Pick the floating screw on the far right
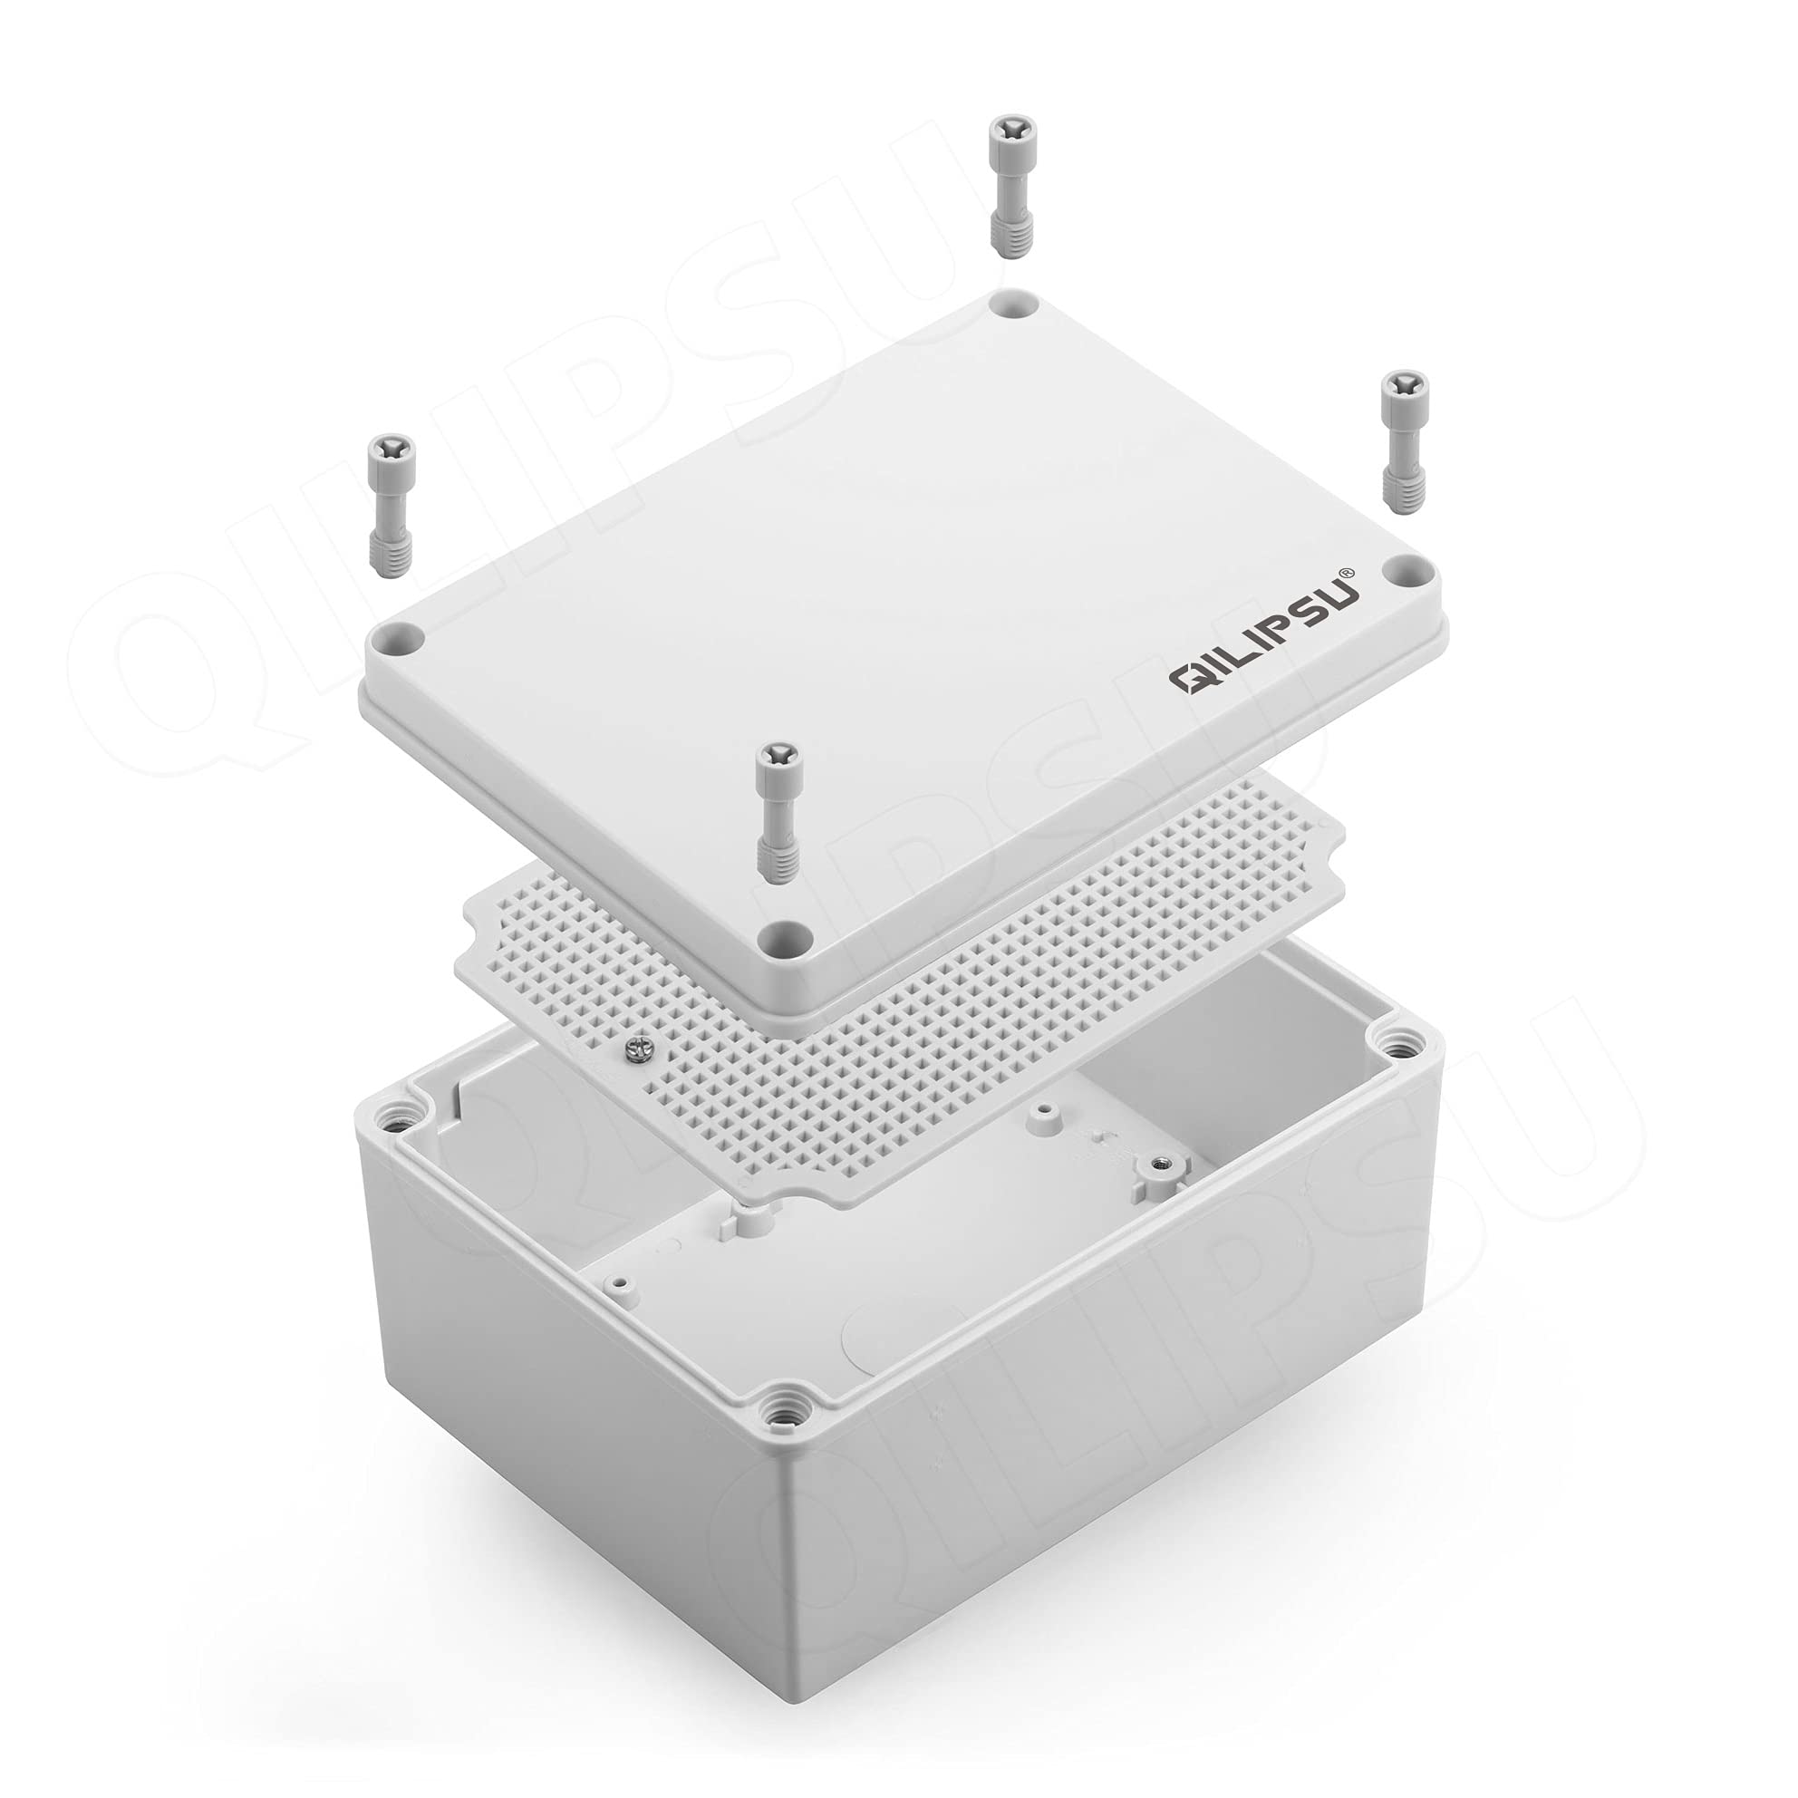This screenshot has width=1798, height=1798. (1402, 440)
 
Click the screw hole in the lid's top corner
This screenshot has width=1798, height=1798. (1015, 304)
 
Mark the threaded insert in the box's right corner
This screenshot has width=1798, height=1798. (1392, 1042)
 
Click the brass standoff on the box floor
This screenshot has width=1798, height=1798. (1160, 1165)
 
